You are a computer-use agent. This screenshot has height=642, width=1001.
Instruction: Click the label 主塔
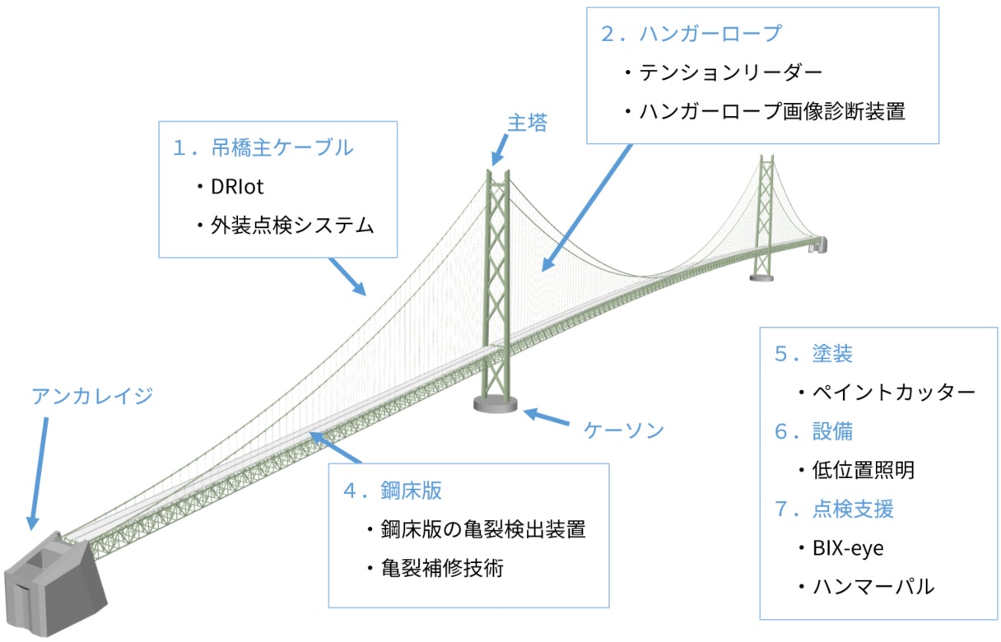tap(526, 123)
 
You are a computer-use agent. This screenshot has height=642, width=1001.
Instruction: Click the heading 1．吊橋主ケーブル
tap(263, 148)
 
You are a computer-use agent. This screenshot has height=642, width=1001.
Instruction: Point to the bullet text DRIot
tap(238, 187)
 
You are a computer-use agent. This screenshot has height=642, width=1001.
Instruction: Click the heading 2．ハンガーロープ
tap(691, 34)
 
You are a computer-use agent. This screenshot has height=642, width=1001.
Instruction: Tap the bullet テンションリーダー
tap(729, 72)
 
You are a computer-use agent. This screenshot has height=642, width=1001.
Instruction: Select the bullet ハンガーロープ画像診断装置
tap(771, 111)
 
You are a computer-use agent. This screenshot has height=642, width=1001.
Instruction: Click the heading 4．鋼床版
tap(393, 491)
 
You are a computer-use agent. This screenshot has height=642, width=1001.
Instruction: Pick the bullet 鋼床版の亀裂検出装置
tap(482, 529)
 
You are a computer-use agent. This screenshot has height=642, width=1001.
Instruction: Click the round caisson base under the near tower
tap(496, 403)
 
